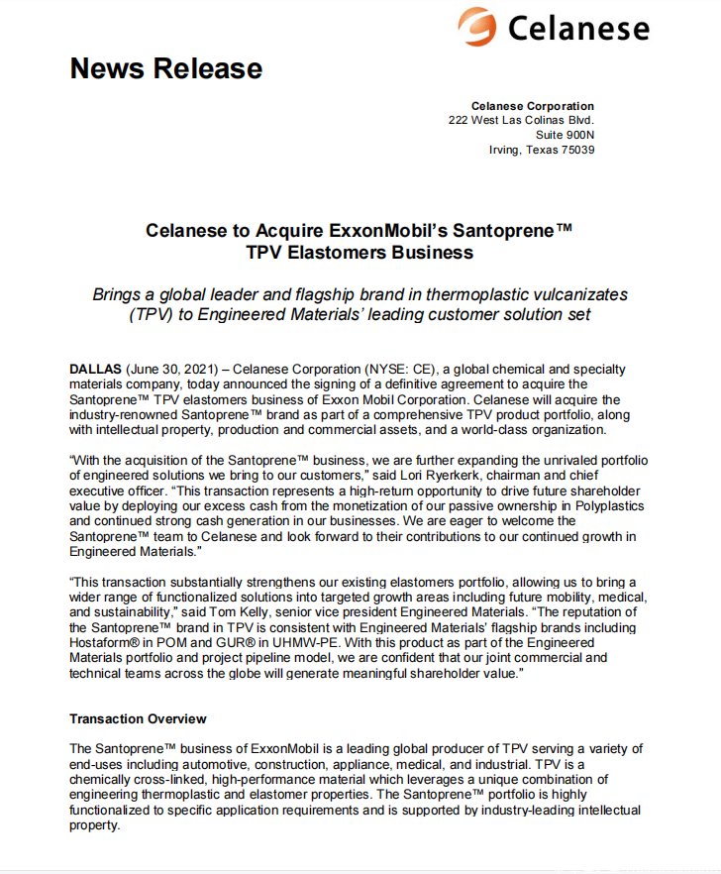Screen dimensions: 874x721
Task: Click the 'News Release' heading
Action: click(x=165, y=68)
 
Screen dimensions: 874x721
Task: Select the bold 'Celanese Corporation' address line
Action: click(x=532, y=106)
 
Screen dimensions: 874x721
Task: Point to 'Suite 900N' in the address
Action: click(x=565, y=135)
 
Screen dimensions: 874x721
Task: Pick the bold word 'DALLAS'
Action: click(x=96, y=370)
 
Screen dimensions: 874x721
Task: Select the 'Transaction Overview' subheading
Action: click(x=138, y=718)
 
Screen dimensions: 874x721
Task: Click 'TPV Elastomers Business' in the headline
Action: click(x=360, y=253)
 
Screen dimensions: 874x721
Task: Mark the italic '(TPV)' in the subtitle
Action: click(x=152, y=315)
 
